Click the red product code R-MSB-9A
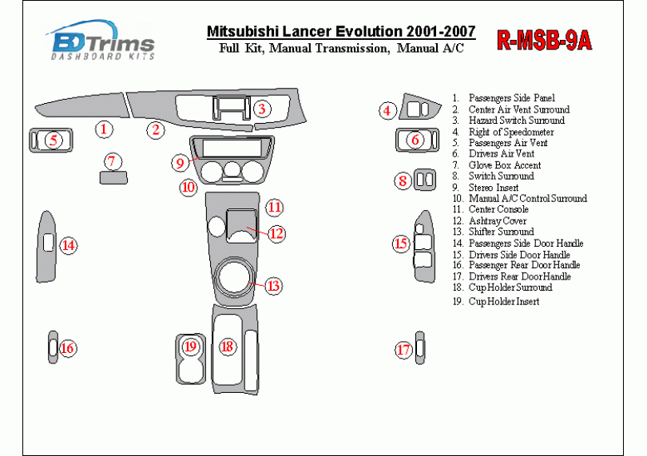click(544, 40)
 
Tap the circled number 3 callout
click(262, 109)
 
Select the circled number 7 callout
click(113, 161)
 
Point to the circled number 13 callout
click(274, 286)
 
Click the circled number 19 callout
click(190, 346)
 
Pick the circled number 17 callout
click(403, 350)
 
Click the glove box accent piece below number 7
click(113, 178)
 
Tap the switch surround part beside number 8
click(425, 180)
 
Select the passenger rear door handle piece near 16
click(54, 347)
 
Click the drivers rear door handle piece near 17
click(419, 348)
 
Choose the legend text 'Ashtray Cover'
click(497, 220)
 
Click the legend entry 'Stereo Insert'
click(494, 188)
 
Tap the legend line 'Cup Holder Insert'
click(504, 301)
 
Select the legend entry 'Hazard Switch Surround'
click(517, 120)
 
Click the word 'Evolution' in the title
click(369, 31)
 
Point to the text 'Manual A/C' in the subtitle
click(430, 48)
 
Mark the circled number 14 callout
click(69, 245)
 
